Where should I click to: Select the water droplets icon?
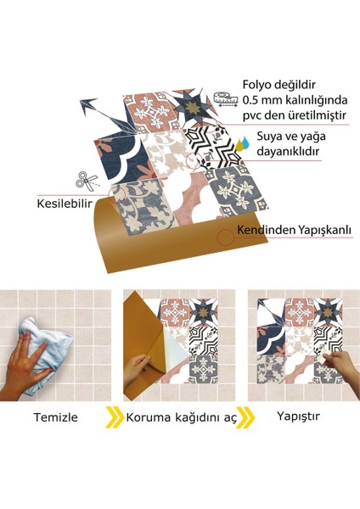coord(241,142)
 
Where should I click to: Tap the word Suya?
coord(270,137)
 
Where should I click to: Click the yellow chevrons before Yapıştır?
coord(245,417)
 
